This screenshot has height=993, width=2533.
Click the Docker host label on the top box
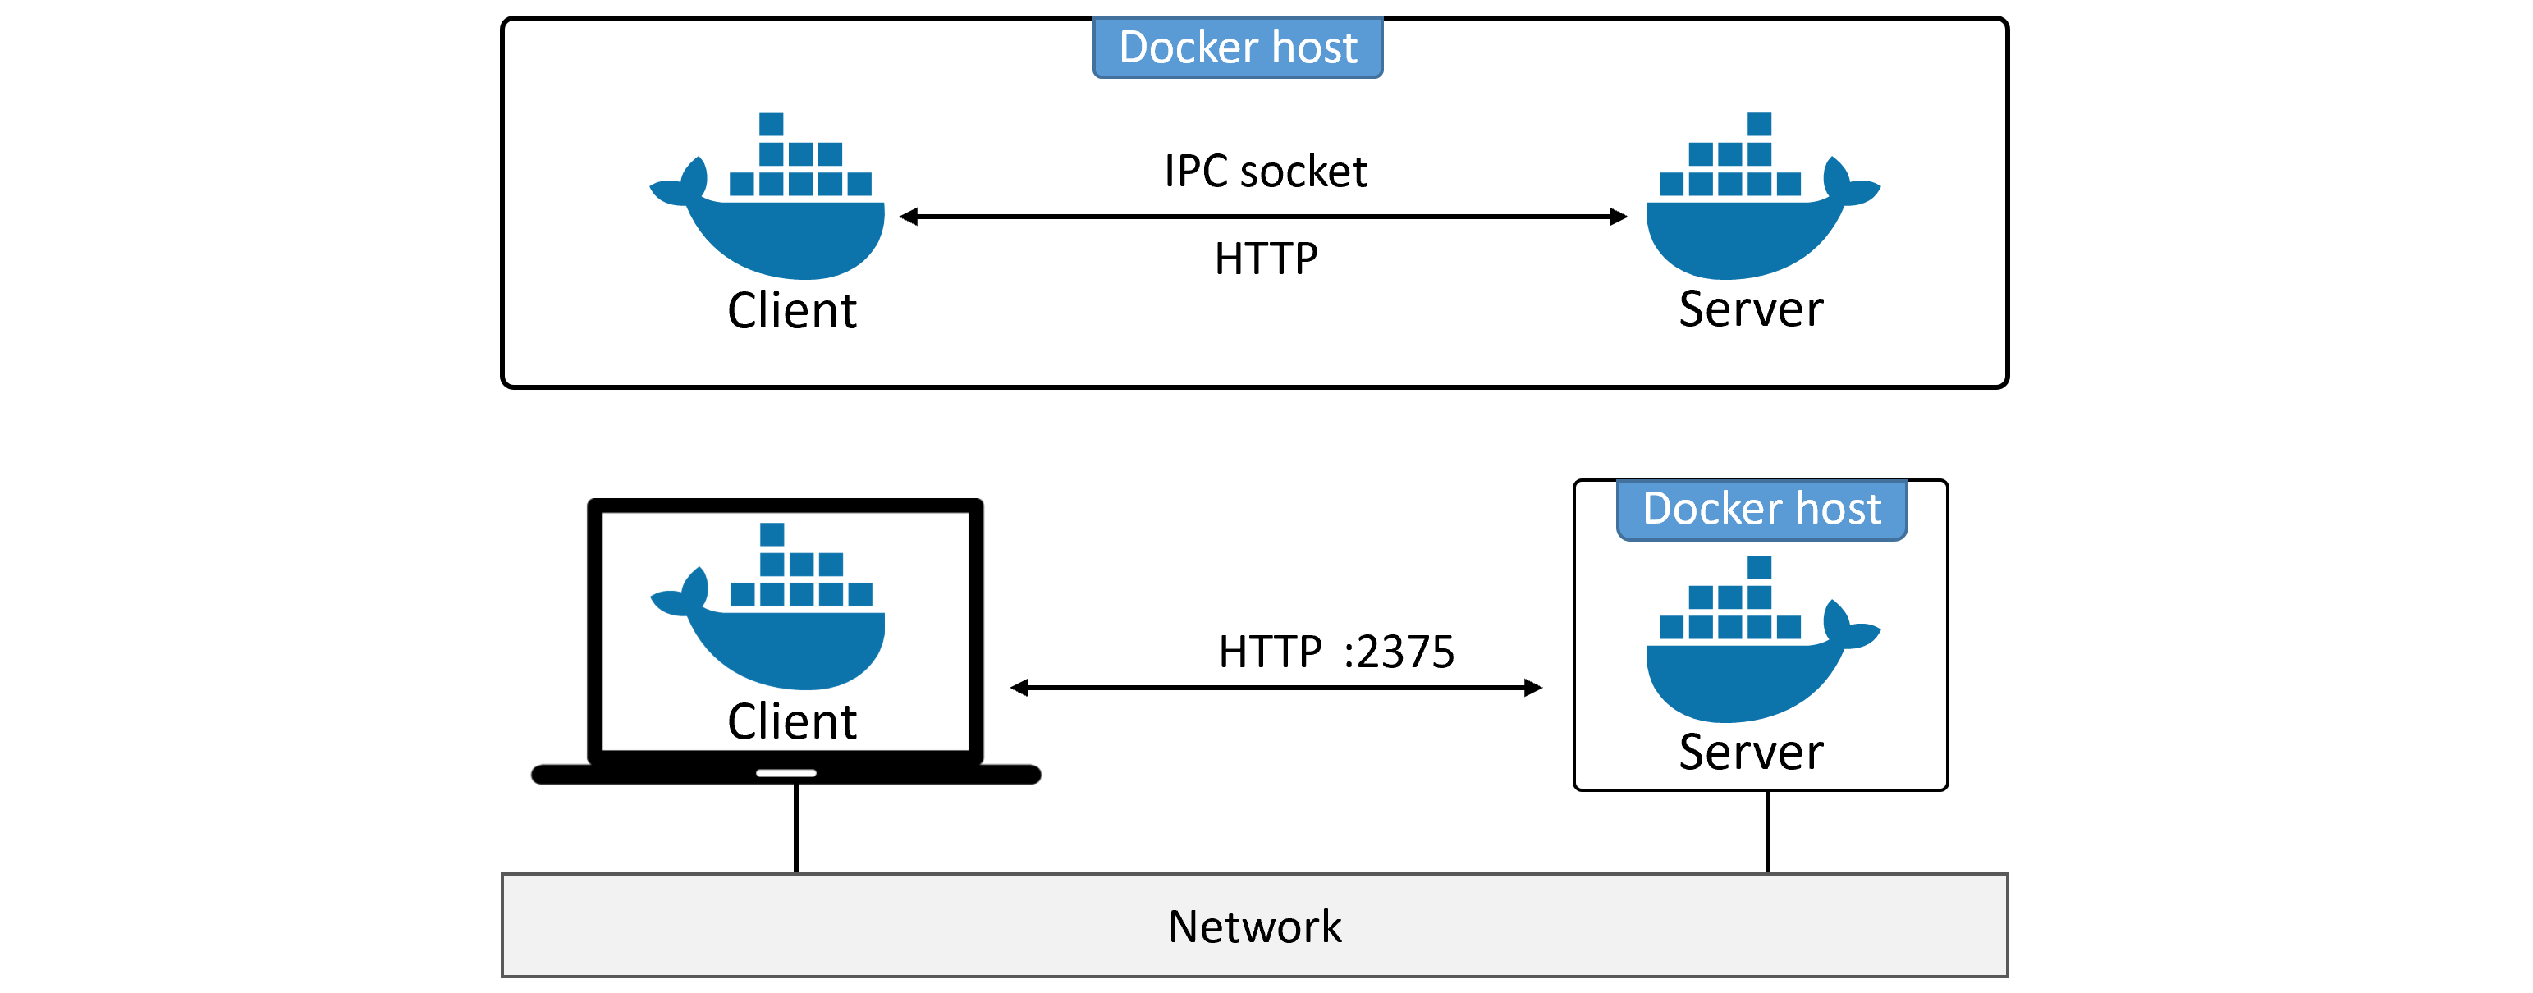point(1237,48)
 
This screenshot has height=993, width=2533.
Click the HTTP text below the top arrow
point(1266,259)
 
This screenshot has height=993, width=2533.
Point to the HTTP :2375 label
point(1335,651)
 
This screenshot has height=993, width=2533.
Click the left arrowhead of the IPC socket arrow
point(909,217)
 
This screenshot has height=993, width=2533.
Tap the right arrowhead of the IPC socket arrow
point(1618,217)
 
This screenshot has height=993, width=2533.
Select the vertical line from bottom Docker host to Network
point(1767,831)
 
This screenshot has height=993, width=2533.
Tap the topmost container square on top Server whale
point(1759,124)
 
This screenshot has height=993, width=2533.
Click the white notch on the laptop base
point(786,773)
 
